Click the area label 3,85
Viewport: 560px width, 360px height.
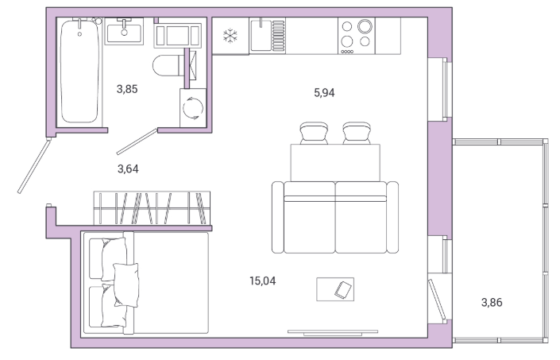[x=127, y=89]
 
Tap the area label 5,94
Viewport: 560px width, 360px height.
[x=324, y=93]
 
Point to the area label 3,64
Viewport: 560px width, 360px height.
[x=128, y=168]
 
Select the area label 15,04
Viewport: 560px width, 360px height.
[x=263, y=281]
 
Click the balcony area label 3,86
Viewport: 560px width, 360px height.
[x=492, y=303]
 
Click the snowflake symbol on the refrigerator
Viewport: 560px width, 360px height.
[x=230, y=36]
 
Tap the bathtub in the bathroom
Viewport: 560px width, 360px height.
[x=79, y=72]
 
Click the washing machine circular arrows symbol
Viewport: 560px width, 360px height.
[x=193, y=108]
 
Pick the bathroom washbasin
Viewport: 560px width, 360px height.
[x=124, y=32]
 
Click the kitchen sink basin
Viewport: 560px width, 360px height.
[x=261, y=35]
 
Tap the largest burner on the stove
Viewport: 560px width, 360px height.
[x=365, y=26]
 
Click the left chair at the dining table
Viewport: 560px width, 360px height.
[x=314, y=133]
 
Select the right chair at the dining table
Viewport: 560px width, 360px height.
[x=357, y=133]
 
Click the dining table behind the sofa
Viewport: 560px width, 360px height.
[x=335, y=163]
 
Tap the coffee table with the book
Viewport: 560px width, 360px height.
[x=335, y=289]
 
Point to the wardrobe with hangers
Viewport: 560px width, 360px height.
[x=152, y=208]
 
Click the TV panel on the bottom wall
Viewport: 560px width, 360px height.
[x=333, y=333]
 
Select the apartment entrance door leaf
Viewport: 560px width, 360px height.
[x=34, y=166]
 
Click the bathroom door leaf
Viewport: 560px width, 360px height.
[x=137, y=141]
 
